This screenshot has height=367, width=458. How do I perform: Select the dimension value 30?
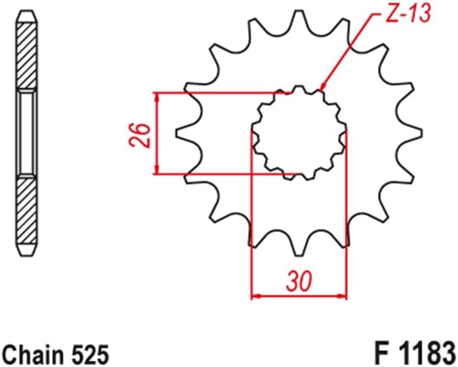tap(299, 282)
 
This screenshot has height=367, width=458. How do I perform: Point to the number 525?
tap(90, 355)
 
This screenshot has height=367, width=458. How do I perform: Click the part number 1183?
tap(425, 353)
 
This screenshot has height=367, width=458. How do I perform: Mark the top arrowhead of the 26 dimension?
tap(156, 96)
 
